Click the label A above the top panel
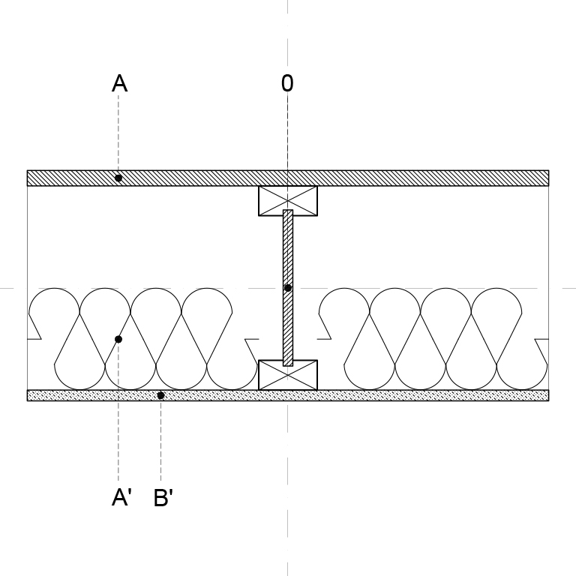(120, 83)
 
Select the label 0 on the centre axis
(287, 83)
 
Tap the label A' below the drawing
(121, 498)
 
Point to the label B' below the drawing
(163, 498)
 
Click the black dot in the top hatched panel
(118, 178)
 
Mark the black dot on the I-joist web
(288, 288)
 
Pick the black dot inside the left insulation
(118, 339)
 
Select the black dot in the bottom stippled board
(160, 395)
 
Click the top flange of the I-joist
(288, 200)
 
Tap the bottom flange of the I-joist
(288, 375)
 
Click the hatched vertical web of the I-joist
(288, 288)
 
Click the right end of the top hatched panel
(549, 178)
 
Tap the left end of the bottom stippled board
(27, 396)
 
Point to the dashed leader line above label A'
(118, 412)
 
